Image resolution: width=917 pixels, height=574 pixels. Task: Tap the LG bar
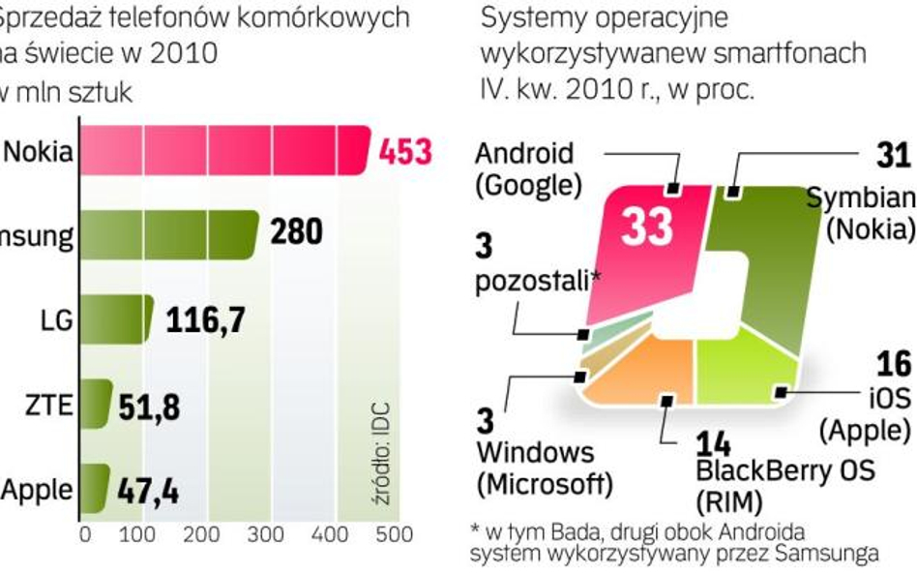[x=115, y=319]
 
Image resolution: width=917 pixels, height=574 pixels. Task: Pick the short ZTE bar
[x=95, y=405]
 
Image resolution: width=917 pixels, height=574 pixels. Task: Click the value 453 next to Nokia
[x=404, y=152]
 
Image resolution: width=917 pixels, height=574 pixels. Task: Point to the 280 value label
[x=295, y=233]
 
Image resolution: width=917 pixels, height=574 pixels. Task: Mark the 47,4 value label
[x=147, y=490]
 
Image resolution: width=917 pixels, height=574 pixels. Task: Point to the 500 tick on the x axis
[x=394, y=534]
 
